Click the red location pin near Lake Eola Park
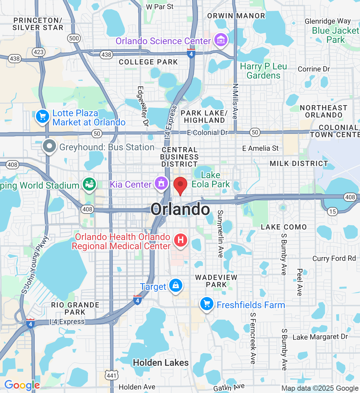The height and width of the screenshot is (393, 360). point(180,185)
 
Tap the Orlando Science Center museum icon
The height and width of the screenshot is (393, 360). point(221,40)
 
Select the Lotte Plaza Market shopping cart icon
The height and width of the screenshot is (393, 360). point(42,116)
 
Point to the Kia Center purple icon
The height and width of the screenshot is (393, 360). point(161,183)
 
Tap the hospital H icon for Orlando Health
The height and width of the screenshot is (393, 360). point(180,240)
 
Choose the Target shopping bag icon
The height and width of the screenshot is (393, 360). point(176,286)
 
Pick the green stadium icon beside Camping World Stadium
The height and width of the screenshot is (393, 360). point(89,184)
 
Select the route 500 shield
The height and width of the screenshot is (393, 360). point(74,38)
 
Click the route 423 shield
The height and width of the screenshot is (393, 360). point(39,52)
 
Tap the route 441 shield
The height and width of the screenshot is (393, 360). point(111,375)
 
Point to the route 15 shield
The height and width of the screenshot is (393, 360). point(333,211)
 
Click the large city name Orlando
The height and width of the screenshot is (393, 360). point(180,209)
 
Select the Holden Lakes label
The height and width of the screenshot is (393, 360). point(161,363)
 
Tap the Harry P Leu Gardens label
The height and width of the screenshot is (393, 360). point(263,71)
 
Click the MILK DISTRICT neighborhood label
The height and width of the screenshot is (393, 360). point(298,163)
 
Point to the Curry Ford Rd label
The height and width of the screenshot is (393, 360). point(334,258)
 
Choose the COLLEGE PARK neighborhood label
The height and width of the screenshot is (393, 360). point(148,62)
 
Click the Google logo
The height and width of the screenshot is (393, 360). point(22,385)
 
